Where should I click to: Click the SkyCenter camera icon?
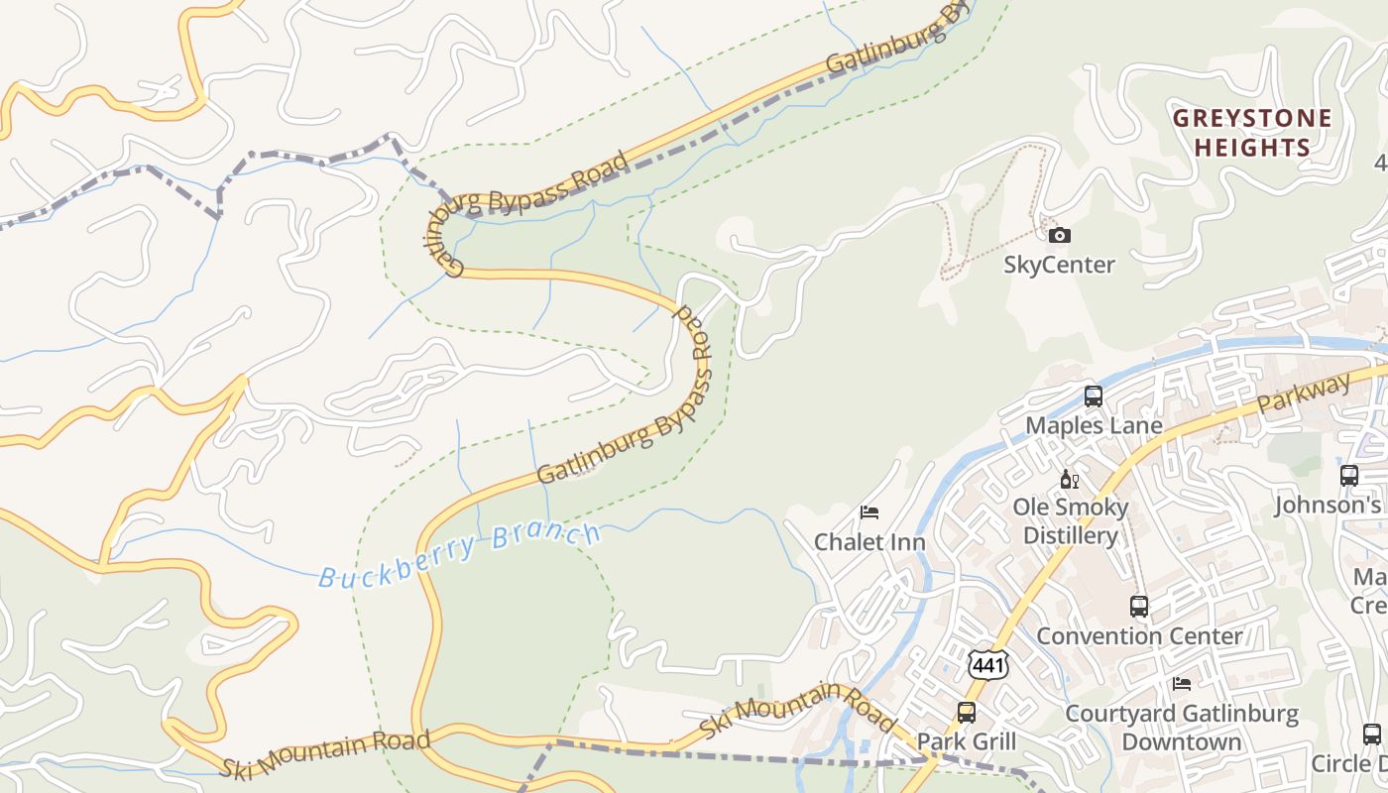click(x=1060, y=235)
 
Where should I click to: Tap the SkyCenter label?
click(x=1059, y=265)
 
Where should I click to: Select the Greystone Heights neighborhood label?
click(x=1252, y=133)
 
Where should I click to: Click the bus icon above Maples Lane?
click(x=1094, y=396)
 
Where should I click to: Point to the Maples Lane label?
click(x=1094, y=425)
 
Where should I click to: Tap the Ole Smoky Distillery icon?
click(x=1070, y=480)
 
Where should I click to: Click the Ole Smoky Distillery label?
click(x=1070, y=521)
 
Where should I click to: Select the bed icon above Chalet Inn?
click(x=869, y=512)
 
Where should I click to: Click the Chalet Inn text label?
click(x=869, y=542)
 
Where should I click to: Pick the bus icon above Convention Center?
click(x=1139, y=606)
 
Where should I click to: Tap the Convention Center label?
click(x=1139, y=635)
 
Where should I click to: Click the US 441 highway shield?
click(x=988, y=665)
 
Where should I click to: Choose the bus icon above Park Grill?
click(x=967, y=712)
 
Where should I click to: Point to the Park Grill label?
click(x=967, y=741)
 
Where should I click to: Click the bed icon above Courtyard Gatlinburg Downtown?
click(x=1181, y=684)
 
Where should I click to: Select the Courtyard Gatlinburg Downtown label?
click(x=1181, y=728)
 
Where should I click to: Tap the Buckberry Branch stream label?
click(x=460, y=556)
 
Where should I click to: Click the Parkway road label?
click(x=1305, y=393)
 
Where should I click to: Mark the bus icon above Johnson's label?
click(x=1349, y=476)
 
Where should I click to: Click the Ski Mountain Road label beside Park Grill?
click(x=797, y=710)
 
